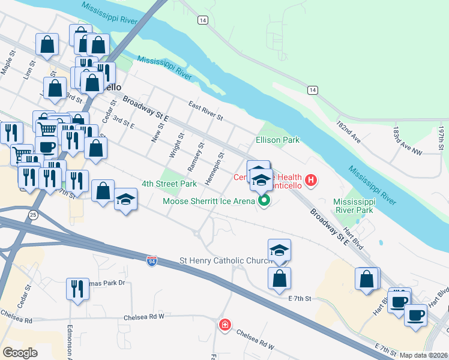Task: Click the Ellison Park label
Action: point(277,140)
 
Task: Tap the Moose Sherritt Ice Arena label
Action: point(209,201)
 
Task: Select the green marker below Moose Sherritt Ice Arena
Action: point(264,201)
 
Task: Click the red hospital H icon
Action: point(311,179)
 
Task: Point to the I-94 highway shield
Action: point(152,261)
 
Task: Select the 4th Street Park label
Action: point(169,184)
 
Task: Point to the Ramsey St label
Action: point(199,159)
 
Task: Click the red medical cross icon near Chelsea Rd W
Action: point(224,325)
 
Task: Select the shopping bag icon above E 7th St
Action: point(279,278)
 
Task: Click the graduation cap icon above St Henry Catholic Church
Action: point(279,250)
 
